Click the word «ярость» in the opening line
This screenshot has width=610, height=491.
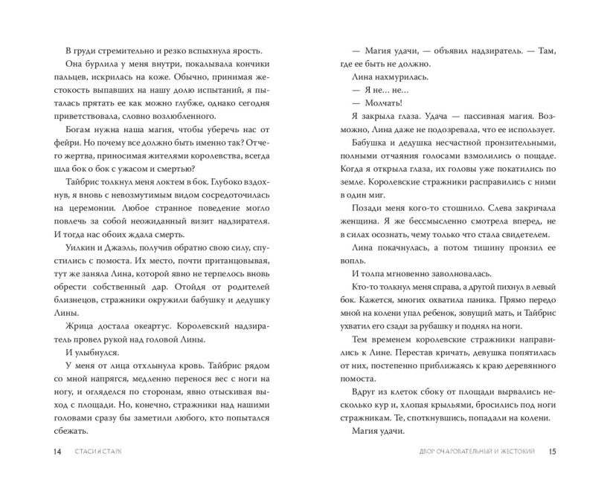[x=243, y=50]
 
